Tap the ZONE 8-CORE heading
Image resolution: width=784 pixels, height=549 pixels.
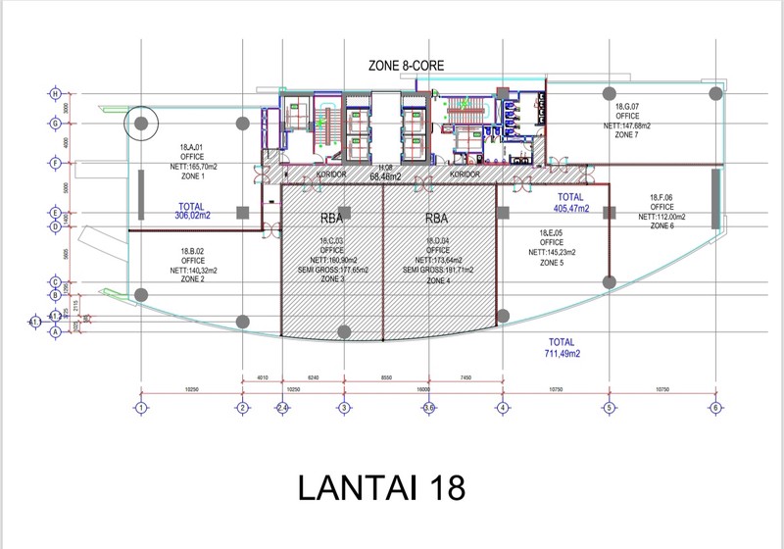(407, 66)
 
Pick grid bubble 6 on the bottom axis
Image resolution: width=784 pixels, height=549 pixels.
(715, 408)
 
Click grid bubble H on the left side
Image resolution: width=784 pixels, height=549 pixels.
(55, 94)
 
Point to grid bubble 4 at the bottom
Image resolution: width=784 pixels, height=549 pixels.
(503, 408)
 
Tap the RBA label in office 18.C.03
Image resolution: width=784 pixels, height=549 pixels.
(331, 219)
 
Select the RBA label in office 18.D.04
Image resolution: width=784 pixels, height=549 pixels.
(437, 219)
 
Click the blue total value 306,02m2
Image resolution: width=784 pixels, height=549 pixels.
(191, 213)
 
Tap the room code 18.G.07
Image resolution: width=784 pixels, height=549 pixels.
(627, 106)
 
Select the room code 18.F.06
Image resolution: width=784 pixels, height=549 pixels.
(662, 197)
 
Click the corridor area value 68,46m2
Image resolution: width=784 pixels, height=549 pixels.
(387, 178)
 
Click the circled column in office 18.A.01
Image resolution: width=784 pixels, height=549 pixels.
(142, 124)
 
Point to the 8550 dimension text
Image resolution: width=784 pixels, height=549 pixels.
(387, 376)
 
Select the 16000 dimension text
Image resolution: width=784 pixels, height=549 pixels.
(423, 389)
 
